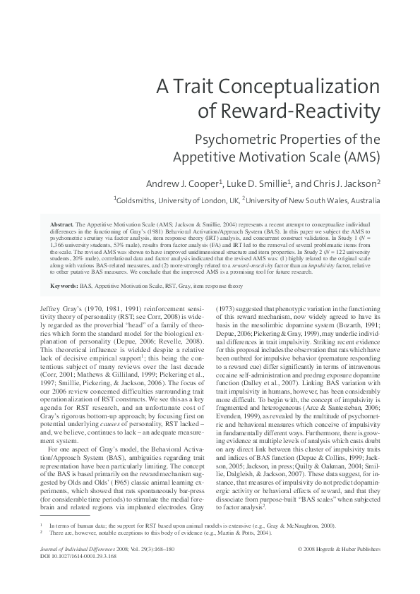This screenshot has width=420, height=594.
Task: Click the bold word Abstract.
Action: (x=65, y=222)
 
